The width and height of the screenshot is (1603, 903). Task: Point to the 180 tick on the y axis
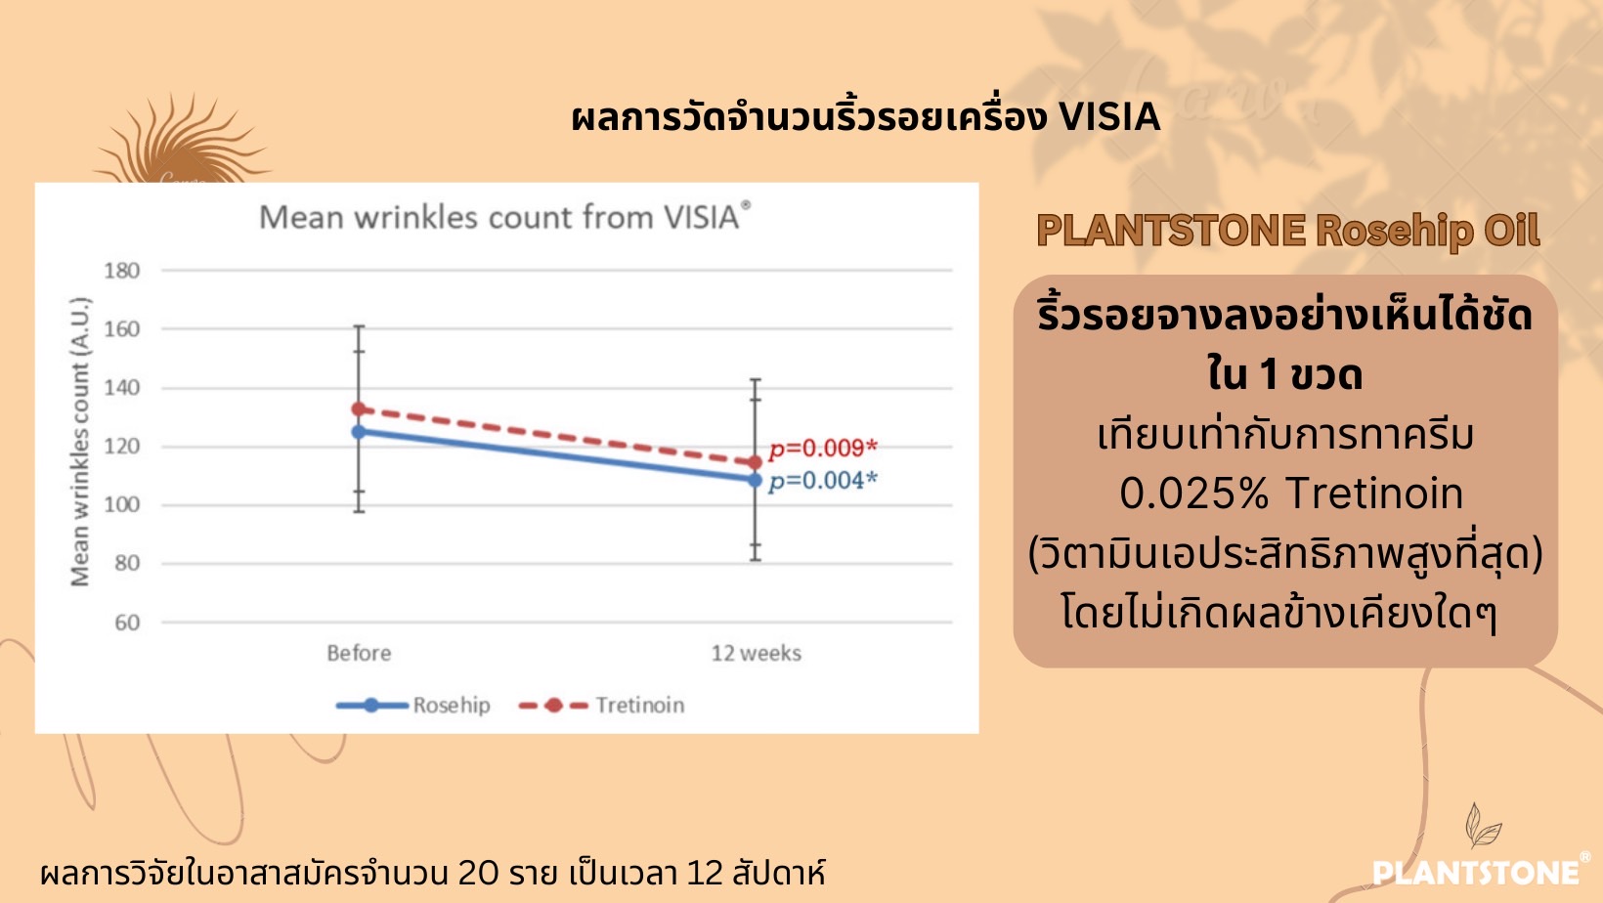(121, 271)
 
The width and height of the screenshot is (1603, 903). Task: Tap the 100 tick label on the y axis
(121, 505)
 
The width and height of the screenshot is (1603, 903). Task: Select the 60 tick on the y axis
(127, 623)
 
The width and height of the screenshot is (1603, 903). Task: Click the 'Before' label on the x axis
(359, 653)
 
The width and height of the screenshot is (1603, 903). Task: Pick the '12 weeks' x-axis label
(756, 653)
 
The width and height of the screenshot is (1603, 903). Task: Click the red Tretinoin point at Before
(359, 409)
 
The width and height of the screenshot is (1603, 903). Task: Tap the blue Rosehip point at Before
(359, 432)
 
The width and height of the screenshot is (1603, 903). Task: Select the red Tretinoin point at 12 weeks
(755, 463)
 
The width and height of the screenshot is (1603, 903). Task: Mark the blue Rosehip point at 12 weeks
(755, 480)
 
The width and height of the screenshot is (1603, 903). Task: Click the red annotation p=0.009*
(823, 449)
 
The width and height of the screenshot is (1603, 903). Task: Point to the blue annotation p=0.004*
(823, 481)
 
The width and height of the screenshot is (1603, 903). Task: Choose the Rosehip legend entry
(413, 706)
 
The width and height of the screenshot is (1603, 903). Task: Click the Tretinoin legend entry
(601, 706)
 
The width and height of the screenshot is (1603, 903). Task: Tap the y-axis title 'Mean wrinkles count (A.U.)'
(79, 442)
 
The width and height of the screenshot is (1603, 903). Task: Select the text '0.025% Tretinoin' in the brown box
(1291, 493)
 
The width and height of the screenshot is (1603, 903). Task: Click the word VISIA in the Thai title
(1109, 117)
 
